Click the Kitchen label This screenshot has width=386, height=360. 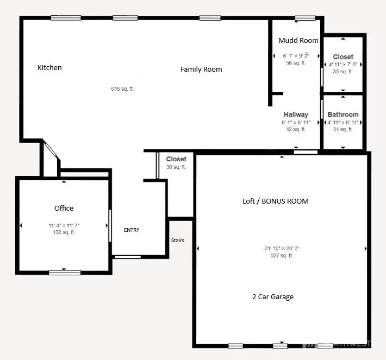pos(49,68)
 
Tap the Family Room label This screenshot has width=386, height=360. pos(201,69)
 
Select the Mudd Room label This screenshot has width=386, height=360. pos(298,40)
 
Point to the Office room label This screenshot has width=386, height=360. pos(64,208)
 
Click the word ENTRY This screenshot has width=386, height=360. pos(132,230)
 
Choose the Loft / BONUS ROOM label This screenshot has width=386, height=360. pos(275,201)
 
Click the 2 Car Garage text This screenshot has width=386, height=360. pos(272,296)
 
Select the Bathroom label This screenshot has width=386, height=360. pos(343,115)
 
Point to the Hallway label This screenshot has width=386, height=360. pos(296,115)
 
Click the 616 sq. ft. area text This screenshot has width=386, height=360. pos(122,89)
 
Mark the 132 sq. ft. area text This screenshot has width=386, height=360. pos(64,232)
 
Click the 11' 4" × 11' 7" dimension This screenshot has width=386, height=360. pos(64,225)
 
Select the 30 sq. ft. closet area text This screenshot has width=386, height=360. pos(176,167)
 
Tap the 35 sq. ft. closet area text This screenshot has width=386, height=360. pos(343,71)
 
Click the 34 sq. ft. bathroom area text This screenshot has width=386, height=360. pos(343,129)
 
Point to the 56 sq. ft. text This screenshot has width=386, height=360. pos(296,63)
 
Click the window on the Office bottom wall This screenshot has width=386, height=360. pos(64,272)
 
